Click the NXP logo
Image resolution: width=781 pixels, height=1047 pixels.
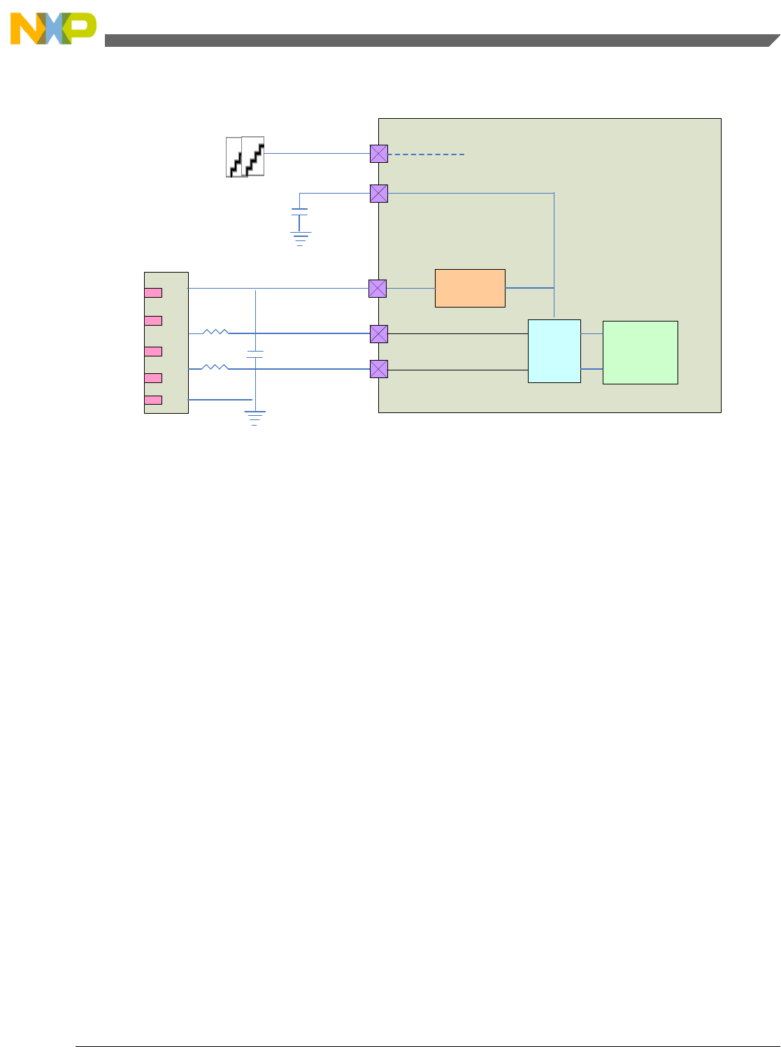pos(53,29)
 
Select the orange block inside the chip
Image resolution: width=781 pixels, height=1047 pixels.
pos(470,288)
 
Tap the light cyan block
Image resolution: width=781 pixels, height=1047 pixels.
pos(554,351)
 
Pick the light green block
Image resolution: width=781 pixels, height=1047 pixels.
pos(640,352)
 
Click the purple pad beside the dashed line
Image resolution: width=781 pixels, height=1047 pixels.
pos(379,154)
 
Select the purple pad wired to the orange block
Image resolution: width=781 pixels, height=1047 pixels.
pos(378,288)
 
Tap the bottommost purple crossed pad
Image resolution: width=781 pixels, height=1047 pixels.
pos(378,369)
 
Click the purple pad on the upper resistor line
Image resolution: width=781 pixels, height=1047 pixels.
pos(378,333)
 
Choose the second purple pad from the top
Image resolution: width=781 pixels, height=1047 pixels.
pos(379,194)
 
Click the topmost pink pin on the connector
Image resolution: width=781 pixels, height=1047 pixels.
pos(153,293)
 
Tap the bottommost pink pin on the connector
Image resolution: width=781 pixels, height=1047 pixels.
pos(153,400)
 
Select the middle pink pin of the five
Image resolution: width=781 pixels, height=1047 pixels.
pos(153,352)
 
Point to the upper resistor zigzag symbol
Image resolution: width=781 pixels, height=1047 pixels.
pos(215,332)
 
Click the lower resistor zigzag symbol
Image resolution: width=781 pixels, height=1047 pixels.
pos(215,367)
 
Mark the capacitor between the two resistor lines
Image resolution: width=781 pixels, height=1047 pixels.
pos(255,354)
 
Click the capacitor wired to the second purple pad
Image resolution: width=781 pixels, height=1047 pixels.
pos(299,212)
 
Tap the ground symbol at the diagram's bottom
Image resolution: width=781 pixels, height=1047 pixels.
pos(255,419)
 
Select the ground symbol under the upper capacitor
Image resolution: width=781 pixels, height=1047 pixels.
pos(300,238)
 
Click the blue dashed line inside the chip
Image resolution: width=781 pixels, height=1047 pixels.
pos(427,154)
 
